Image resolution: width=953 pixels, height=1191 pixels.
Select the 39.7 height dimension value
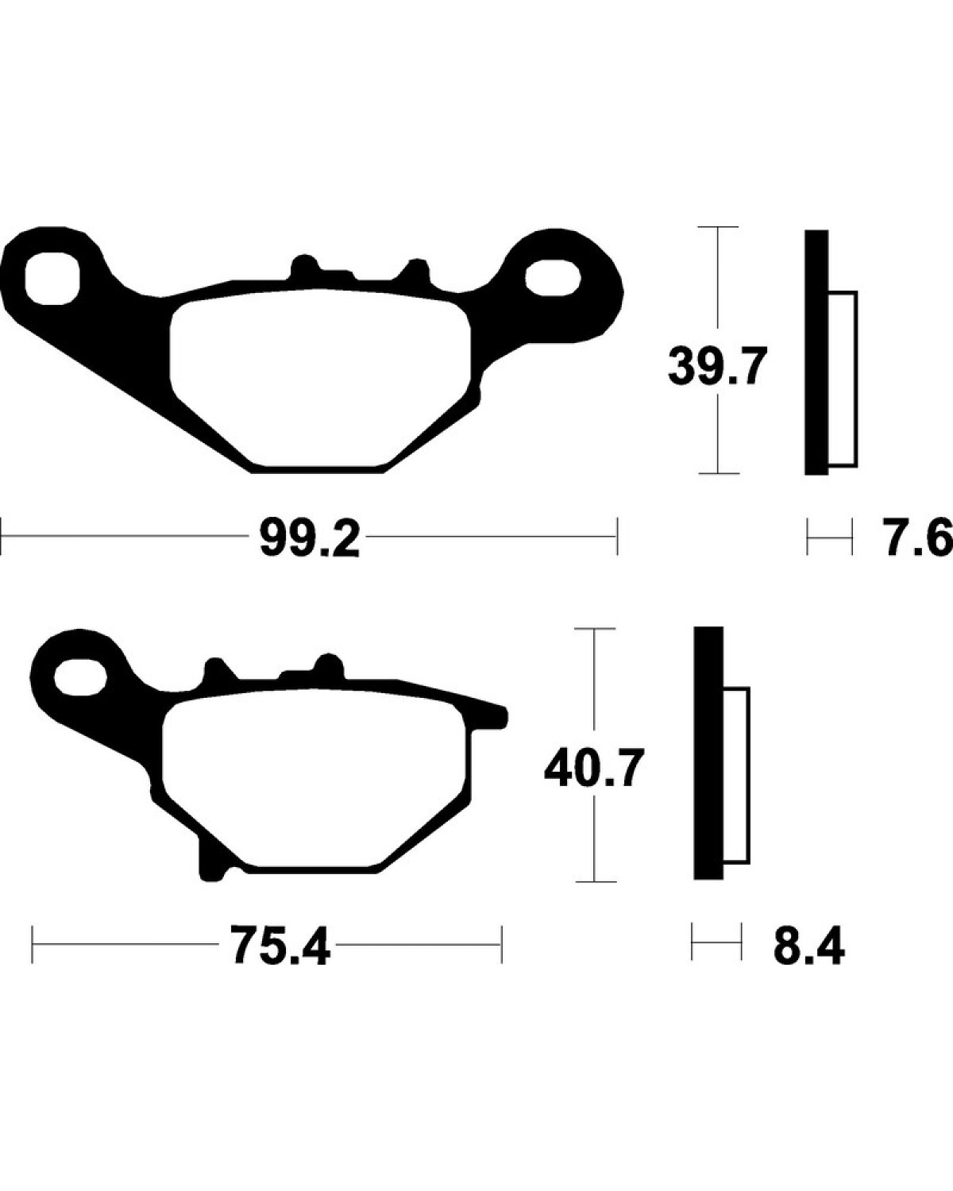717,366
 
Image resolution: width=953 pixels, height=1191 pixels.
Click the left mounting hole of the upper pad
52,278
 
